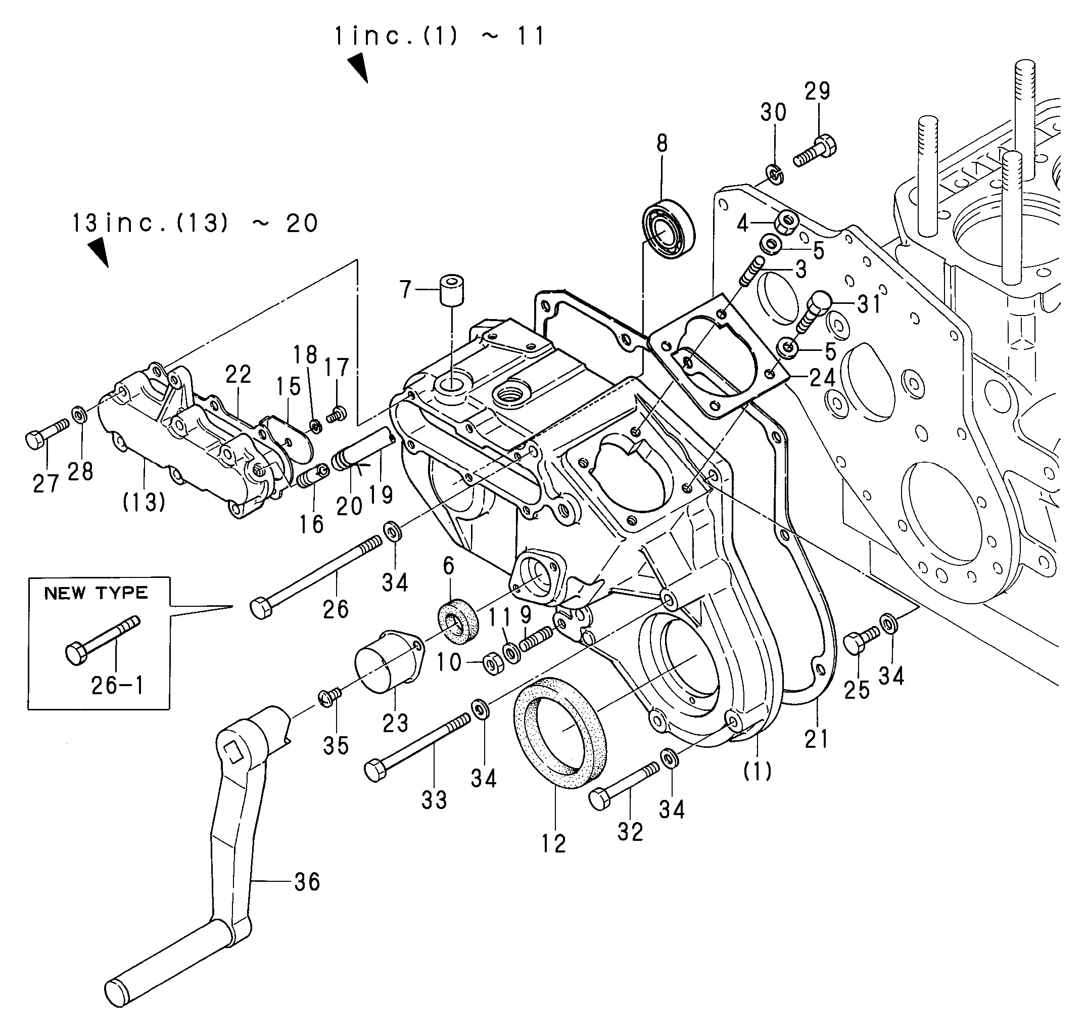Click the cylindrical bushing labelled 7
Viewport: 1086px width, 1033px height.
click(451, 289)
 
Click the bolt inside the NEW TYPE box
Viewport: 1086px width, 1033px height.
click(103, 639)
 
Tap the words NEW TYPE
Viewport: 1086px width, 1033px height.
click(97, 593)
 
